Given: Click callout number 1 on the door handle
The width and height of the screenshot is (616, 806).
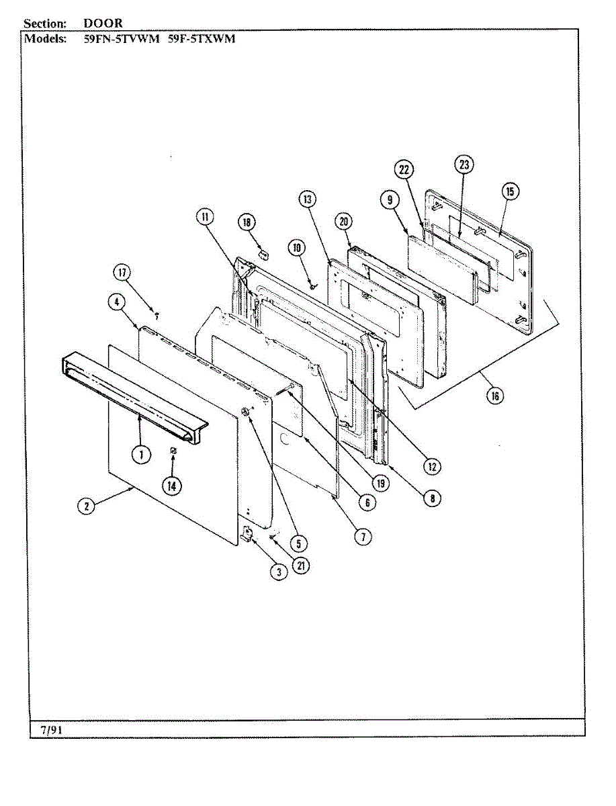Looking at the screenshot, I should (x=141, y=455).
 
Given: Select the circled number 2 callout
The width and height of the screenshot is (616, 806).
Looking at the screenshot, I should (x=86, y=507).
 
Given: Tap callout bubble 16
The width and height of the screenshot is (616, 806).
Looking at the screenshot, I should (x=494, y=396).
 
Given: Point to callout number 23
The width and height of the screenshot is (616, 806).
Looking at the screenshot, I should (x=464, y=164).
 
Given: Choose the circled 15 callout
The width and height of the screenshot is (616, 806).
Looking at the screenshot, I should (x=509, y=192).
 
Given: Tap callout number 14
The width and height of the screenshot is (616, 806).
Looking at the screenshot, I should (x=173, y=485).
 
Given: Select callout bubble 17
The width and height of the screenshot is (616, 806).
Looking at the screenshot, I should (x=122, y=273).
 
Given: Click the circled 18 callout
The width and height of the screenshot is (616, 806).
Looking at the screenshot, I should (x=247, y=222).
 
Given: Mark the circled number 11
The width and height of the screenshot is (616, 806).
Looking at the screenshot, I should (x=204, y=216).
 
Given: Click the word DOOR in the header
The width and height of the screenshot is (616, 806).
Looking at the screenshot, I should (x=103, y=23).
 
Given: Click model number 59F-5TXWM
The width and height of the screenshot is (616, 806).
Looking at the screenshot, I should (x=202, y=38).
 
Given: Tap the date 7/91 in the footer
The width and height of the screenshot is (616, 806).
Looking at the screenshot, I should (x=51, y=729).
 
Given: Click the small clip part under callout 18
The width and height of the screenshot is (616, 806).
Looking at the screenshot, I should (x=263, y=255).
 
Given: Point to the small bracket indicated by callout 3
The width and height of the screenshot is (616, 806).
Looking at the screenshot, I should (x=247, y=535).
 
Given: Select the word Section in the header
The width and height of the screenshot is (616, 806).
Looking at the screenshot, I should (x=45, y=23).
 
